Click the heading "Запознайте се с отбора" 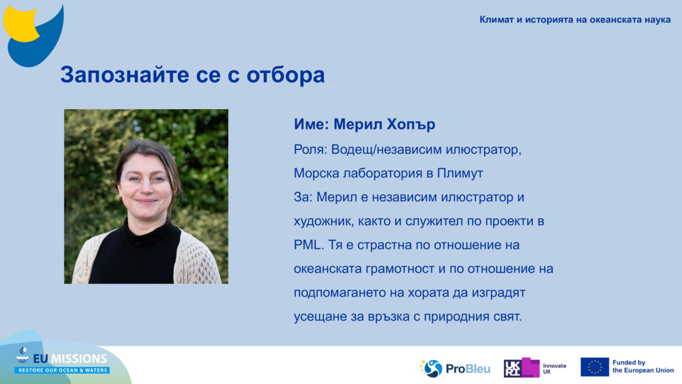(192, 74)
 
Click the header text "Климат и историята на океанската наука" (575, 19)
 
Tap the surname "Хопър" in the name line (411, 125)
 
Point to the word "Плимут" (460, 173)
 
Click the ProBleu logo (455, 368)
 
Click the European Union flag (594, 367)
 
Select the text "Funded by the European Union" (642, 367)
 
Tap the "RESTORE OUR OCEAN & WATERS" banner (62, 370)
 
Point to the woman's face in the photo (145, 186)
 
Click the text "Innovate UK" (554, 368)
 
